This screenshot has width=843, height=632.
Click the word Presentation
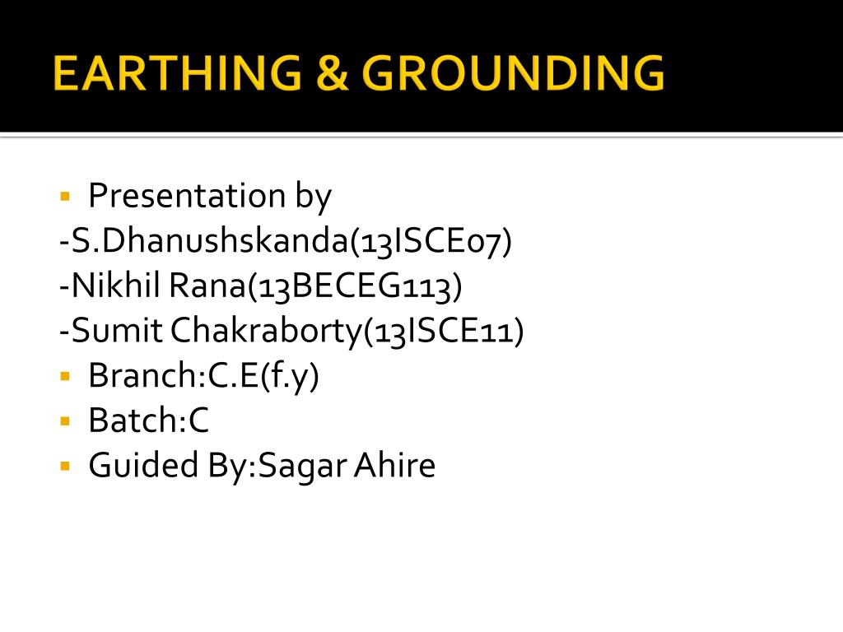(186, 196)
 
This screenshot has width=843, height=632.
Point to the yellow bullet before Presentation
(65, 197)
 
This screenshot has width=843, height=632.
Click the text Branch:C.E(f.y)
(203, 376)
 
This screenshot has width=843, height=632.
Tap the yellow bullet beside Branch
(65, 377)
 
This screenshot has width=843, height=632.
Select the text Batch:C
(149, 421)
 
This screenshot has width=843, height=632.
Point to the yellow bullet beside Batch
(65, 421)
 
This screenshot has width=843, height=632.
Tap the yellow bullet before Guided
(65, 467)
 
